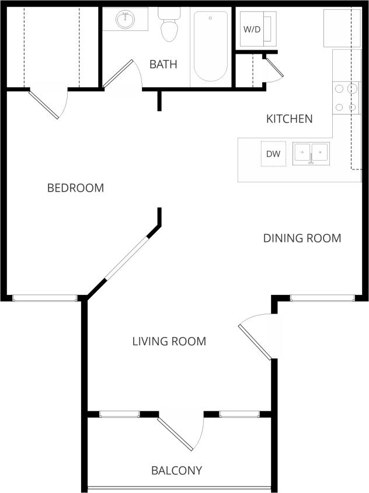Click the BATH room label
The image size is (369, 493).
click(163, 64)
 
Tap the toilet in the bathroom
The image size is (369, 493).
click(169, 27)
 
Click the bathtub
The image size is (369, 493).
click(210, 46)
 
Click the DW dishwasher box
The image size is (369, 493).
click(273, 154)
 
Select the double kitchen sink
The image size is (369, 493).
click(311, 154)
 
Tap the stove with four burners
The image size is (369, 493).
click(345, 98)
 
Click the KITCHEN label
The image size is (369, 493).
click(289, 119)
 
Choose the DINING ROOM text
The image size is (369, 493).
click(302, 238)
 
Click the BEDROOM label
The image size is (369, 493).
click(75, 188)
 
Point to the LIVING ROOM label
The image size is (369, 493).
click(169, 342)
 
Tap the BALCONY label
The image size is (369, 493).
click(176, 470)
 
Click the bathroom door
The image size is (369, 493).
click(120, 74)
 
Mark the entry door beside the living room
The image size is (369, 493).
click(256, 341)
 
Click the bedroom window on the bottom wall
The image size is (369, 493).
click(45, 298)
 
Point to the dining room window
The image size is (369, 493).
click(322, 298)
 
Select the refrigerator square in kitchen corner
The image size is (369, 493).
click(342, 27)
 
